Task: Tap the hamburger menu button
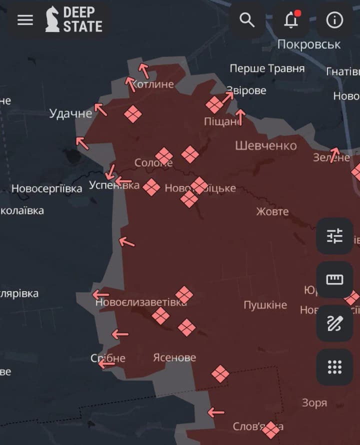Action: coord(25,20)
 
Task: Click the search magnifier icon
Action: coord(247,20)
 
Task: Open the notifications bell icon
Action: coord(291,20)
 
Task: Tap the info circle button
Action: coord(334,20)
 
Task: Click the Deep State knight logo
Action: coord(52,20)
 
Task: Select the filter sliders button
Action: coord(334,235)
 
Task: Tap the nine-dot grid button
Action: coord(334,367)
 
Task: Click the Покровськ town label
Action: coord(308,44)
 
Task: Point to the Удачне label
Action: coord(70,113)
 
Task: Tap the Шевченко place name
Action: coord(265,145)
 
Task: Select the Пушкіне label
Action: coord(265,305)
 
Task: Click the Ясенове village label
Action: coord(174,357)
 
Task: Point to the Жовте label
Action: coord(272,211)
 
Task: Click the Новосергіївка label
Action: coord(46,189)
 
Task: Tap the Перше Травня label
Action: coord(267,68)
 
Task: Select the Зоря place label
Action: coord(314,402)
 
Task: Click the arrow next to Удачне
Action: coord(101,109)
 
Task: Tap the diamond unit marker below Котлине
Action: coord(133,114)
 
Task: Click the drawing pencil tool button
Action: coord(334,323)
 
